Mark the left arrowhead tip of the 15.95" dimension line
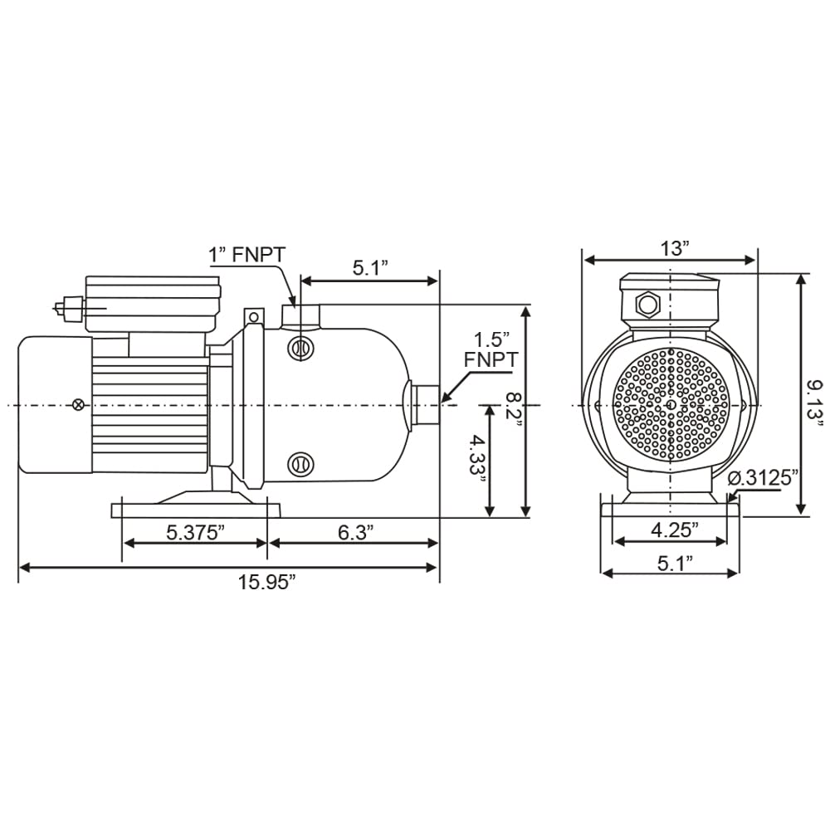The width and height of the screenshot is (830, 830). coord(20,568)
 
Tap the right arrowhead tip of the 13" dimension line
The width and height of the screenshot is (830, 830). coord(756,260)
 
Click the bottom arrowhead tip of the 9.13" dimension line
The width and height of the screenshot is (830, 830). coord(802,515)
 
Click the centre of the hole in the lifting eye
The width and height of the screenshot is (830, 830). coord(254,317)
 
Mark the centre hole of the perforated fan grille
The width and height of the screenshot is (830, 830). coord(671,405)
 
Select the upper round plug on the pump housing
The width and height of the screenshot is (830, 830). coord(300,349)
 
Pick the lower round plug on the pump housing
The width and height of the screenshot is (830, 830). coord(300,464)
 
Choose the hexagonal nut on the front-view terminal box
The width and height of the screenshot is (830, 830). coord(647,305)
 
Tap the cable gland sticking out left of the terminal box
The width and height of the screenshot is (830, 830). coord(69,307)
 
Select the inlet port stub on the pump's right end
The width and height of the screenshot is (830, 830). coord(425,405)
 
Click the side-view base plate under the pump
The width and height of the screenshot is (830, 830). coord(197,510)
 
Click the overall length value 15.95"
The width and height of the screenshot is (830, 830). coord(266,583)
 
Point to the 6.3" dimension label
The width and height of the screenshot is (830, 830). coord(356,533)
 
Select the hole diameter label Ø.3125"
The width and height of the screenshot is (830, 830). coord(763,478)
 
